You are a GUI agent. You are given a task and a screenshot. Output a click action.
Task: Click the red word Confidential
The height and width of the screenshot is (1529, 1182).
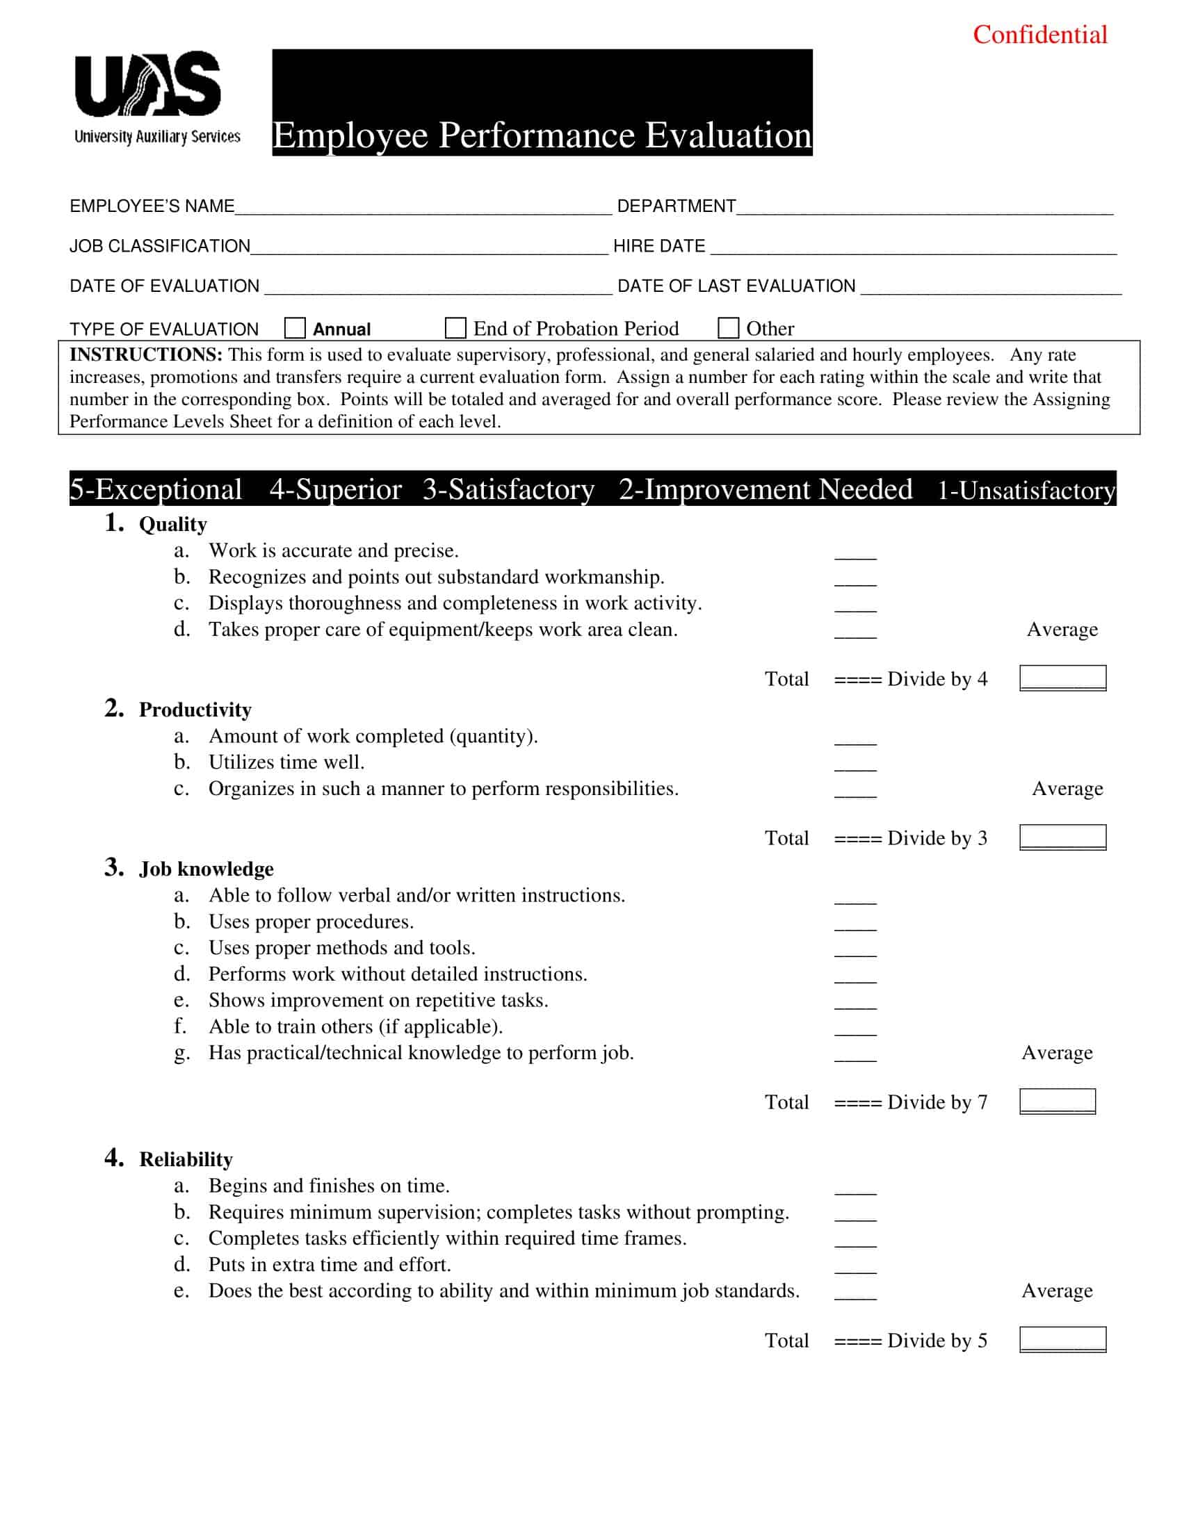1039,35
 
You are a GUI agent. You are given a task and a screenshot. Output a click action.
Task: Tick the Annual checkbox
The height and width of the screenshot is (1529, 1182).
295,327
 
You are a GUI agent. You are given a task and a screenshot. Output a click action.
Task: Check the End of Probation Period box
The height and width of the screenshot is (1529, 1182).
455,327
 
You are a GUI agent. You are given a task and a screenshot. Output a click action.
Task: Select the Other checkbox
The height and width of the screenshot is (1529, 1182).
728,327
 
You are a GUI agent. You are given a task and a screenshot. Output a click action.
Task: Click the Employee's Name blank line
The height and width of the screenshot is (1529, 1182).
423,208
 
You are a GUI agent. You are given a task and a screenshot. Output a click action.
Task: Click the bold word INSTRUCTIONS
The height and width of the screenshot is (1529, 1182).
145,355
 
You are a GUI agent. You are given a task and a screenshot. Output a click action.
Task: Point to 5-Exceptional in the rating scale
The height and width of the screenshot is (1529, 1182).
156,489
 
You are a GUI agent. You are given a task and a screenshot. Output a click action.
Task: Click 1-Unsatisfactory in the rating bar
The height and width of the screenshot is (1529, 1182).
1025,491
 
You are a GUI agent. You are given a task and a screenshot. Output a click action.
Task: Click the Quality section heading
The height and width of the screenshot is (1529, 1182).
173,524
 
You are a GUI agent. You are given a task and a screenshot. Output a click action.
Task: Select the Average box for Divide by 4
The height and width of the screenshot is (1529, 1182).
1062,678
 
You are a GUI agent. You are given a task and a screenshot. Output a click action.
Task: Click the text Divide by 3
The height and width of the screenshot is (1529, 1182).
937,838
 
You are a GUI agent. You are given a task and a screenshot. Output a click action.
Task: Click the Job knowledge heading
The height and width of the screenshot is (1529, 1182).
206,869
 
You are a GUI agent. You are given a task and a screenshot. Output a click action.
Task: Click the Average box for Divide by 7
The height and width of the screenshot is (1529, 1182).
1057,1102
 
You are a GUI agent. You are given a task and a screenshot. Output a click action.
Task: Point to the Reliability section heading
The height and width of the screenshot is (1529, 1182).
186,1159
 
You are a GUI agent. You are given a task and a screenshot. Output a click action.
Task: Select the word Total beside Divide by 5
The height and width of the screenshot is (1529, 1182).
786,1340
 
